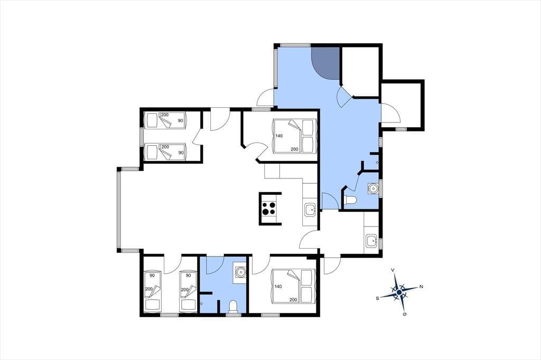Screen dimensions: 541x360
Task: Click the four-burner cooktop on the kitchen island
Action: point(269,209)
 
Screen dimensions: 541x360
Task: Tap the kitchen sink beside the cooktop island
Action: point(310,210)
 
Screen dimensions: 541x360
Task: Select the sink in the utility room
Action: point(371,240)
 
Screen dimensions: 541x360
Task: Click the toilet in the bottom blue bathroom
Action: point(233,306)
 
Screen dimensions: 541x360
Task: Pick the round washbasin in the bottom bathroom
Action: point(240,272)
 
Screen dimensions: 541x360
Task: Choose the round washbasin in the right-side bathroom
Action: point(372,188)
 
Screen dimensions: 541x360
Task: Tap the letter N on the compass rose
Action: point(421,287)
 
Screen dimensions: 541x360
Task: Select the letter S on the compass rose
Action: point(378,298)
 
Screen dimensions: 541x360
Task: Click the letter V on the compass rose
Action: point(393,270)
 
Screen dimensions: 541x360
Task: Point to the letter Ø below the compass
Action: point(405,315)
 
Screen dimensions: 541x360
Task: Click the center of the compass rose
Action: point(399,292)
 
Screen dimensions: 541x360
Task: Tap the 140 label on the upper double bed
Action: point(279,136)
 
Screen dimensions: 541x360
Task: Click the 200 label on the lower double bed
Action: point(293,300)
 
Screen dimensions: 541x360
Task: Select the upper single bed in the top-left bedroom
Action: point(165,120)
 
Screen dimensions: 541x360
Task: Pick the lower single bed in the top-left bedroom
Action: point(165,151)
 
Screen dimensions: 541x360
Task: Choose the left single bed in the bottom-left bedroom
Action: point(153,291)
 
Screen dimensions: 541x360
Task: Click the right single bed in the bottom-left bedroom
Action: point(188,291)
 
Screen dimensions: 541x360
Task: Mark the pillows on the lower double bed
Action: point(308,286)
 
